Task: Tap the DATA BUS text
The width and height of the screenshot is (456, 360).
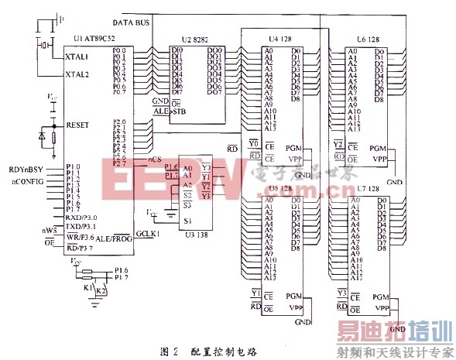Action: [131, 23]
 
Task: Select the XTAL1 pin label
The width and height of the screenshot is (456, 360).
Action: [77, 57]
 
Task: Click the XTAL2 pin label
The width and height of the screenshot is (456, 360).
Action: [77, 75]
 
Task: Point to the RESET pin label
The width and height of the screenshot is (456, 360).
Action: [78, 124]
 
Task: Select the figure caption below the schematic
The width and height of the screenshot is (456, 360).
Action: [208, 350]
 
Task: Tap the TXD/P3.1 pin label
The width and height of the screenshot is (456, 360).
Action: [82, 226]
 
